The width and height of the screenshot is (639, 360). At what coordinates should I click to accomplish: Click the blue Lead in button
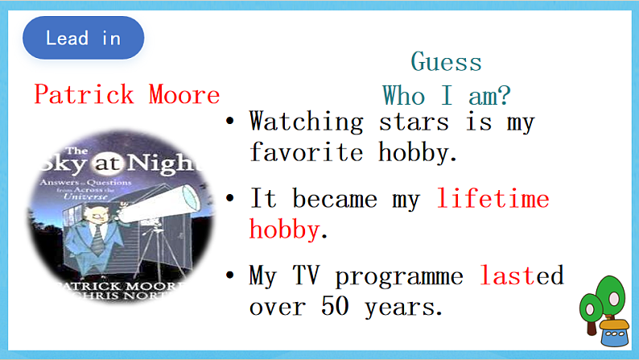click(83, 38)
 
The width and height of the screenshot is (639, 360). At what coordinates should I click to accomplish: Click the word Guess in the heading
click(446, 62)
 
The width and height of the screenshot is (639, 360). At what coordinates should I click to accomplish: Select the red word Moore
click(183, 95)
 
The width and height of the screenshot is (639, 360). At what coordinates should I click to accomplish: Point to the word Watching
click(306, 122)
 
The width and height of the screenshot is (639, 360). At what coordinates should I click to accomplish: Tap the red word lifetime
click(493, 198)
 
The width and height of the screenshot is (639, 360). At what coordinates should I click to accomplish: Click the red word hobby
click(284, 230)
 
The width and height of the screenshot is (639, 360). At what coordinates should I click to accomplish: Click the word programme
click(399, 276)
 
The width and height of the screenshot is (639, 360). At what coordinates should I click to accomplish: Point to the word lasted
click(522, 276)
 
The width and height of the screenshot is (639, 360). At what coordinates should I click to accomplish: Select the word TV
click(307, 276)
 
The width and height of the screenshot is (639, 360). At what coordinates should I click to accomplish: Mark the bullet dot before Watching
click(230, 122)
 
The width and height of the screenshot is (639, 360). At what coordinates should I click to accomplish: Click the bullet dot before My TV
click(230, 276)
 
